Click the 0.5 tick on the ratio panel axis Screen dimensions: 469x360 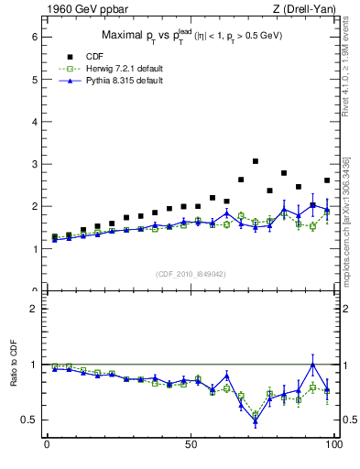[29, 420]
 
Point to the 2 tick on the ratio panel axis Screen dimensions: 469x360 [32, 309]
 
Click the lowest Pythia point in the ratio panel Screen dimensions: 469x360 [256, 421]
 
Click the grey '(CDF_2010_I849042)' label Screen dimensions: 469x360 [190, 273]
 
